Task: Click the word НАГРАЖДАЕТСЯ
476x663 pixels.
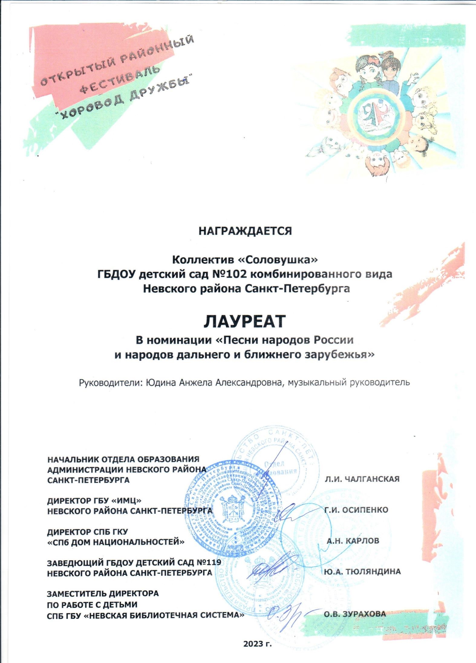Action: pos(245,231)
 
